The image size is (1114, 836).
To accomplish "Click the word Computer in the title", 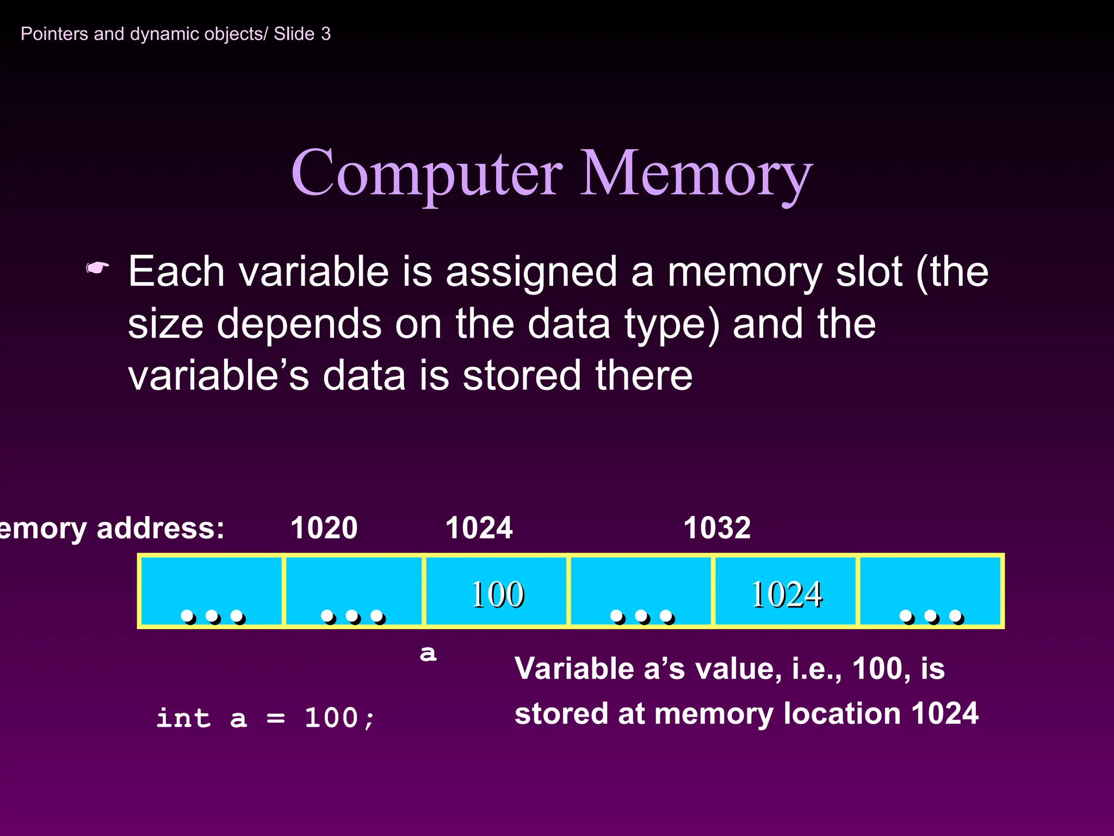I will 427,174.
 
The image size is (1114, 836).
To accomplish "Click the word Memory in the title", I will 696,174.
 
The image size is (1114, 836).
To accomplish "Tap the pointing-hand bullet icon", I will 98,268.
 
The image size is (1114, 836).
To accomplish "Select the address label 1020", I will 324,527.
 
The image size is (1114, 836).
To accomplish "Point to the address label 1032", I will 717,527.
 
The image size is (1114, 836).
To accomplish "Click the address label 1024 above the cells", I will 479,527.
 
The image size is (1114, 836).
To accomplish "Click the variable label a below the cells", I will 428,653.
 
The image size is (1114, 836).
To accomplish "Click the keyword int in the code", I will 183,718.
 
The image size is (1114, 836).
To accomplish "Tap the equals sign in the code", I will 276,718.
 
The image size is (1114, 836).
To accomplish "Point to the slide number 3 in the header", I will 325,34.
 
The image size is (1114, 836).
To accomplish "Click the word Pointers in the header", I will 54,34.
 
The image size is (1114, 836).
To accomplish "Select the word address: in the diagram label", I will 160,528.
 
